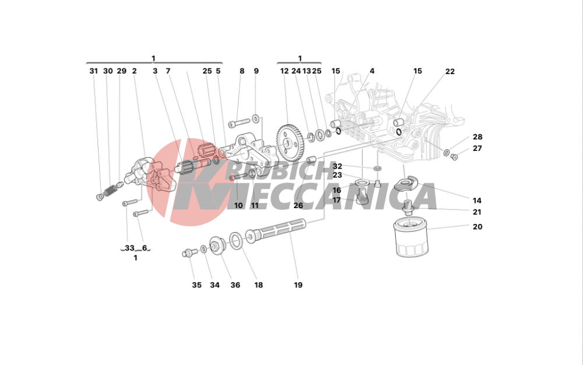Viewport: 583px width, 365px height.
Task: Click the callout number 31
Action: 94,71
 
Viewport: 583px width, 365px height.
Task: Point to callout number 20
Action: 477,227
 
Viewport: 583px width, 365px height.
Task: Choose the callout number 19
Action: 298,285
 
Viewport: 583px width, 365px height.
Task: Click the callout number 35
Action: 196,285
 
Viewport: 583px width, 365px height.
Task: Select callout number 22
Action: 450,71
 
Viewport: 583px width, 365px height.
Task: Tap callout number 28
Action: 477,137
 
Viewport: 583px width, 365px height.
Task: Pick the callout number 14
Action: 477,201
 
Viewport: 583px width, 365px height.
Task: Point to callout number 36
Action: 236,285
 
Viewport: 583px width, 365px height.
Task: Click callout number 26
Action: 298,205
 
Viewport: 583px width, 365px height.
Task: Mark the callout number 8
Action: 242,71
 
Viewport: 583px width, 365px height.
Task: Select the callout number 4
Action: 372,71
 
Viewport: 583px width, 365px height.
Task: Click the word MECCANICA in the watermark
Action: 344,197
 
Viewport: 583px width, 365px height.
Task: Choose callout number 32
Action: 338,166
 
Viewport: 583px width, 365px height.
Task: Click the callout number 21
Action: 477,212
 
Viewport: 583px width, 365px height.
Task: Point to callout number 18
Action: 258,285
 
